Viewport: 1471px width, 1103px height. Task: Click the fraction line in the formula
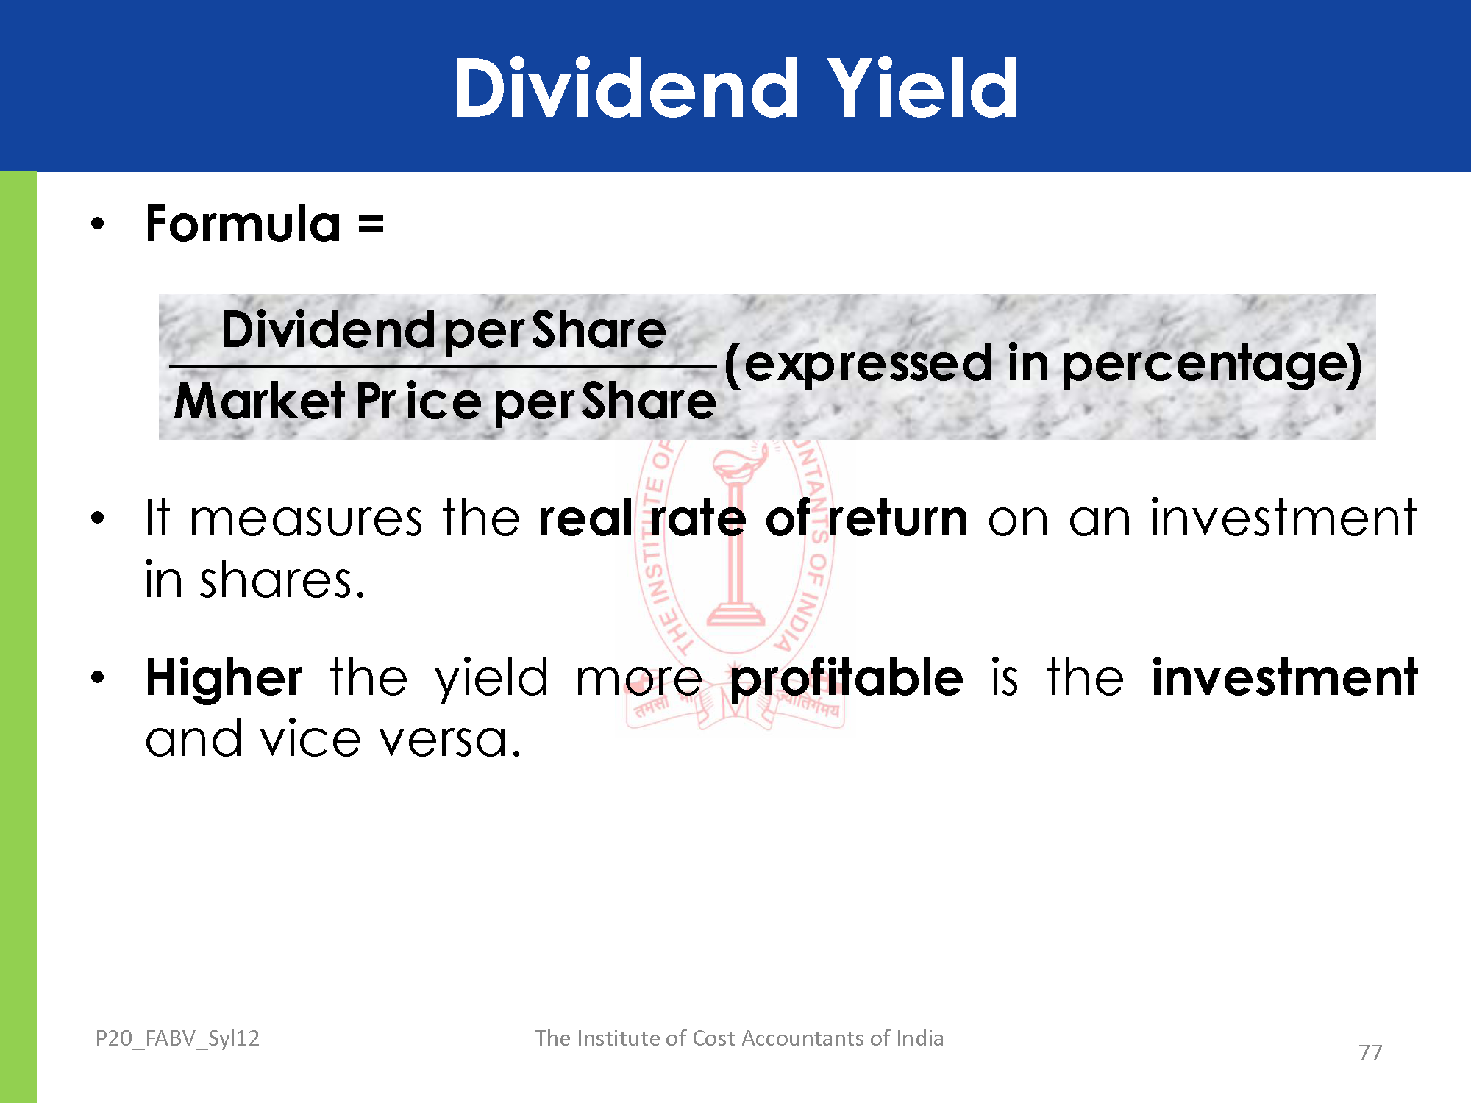pyautogui.click(x=443, y=365)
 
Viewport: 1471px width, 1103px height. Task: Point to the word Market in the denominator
pyautogui.click(x=260, y=401)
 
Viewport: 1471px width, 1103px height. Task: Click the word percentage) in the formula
pyautogui.click(x=1212, y=365)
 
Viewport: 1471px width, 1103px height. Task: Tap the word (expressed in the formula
pyautogui.click(x=858, y=365)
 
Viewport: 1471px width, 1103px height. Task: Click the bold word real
pyautogui.click(x=586, y=518)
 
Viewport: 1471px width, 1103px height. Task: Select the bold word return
pyautogui.click(x=898, y=518)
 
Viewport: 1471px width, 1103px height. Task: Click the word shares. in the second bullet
pyautogui.click(x=282, y=580)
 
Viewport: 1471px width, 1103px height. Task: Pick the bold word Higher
pyautogui.click(x=224, y=678)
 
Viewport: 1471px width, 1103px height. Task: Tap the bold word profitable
pyautogui.click(x=847, y=678)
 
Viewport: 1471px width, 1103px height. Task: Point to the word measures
pyautogui.click(x=307, y=518)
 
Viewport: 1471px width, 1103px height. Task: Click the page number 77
pyautogui.click(x=1370, y=1053)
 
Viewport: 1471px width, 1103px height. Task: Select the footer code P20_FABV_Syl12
pyautogui.click(x=177, y=1038)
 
